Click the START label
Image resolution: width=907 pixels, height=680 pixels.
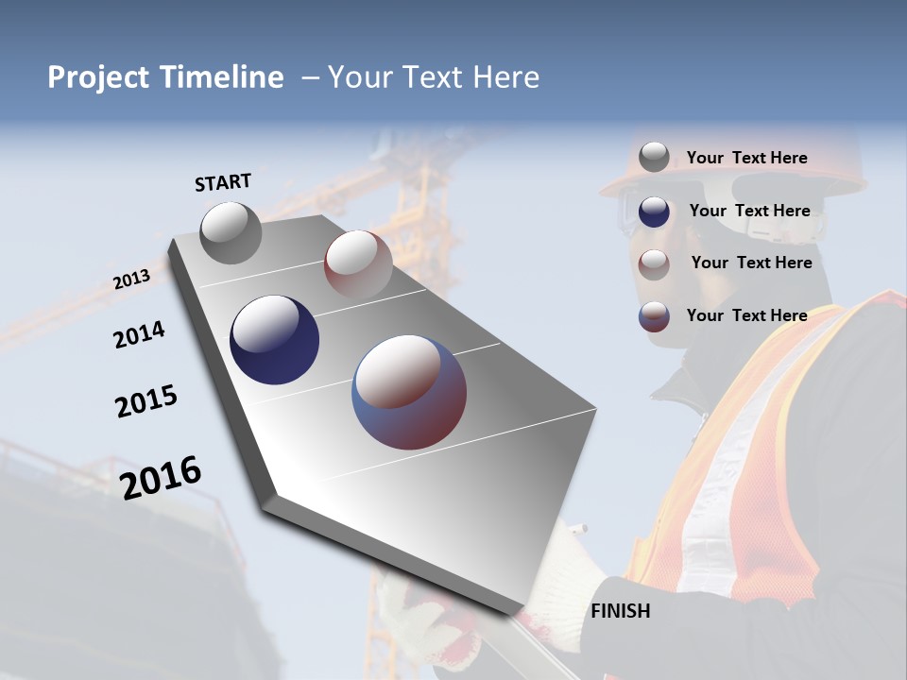pos(223,181)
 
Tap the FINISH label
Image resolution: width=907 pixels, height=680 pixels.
pos(621,611)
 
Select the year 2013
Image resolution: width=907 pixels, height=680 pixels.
pos(132,280)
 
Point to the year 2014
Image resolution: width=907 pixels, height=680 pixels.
pos(140,334)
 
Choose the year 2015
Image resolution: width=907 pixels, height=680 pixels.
pos(146,400)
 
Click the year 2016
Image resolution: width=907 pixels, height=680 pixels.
pos(162,477)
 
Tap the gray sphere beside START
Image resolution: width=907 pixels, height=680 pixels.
pos(231,232)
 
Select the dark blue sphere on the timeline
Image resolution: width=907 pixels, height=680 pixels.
pos(274,340)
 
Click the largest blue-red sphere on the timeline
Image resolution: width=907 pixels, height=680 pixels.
pos(409,392)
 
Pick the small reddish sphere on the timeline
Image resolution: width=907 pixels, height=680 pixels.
pos(358,263)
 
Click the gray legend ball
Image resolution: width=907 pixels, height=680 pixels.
pos(654,158)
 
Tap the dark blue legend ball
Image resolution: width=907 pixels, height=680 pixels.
pos(654,212)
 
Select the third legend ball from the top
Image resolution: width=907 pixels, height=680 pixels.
pos(654,263)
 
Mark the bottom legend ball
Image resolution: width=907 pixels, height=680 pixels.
pos(654,316)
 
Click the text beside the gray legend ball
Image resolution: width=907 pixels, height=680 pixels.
pos(746,158)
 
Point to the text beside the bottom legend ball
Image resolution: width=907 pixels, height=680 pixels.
pos(746,315)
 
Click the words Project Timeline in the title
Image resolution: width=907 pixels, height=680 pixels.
pos(165,77)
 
